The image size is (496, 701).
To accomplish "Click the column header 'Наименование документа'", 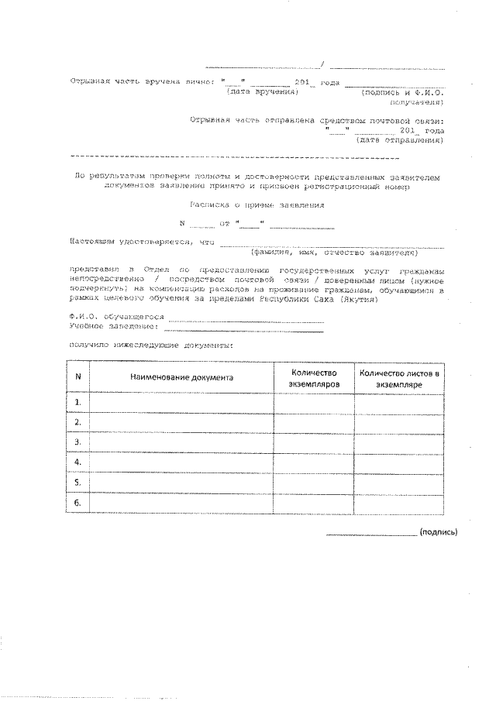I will tap(181, 377).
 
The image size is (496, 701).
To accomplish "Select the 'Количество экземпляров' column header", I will tap(315, 377).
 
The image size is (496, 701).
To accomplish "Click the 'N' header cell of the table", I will tap(78, 377).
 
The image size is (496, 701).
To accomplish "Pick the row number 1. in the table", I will tap(78, 403).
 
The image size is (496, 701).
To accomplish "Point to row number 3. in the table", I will tap(78, 442).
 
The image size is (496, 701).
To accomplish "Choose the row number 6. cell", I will tap(78, 503).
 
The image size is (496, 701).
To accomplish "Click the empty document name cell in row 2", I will tap(181, 423).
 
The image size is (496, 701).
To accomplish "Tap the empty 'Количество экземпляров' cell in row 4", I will tap(315, 462).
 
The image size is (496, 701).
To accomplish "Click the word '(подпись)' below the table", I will tap(438, 532).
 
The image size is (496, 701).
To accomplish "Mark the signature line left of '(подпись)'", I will tap(370, 534).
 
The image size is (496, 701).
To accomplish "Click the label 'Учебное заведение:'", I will tap(113, 326).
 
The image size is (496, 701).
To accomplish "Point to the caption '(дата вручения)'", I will tap(263, 91).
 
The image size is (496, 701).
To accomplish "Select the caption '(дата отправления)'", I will tap(399, 140).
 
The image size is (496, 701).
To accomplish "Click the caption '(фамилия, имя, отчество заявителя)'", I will tap(332, 252).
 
